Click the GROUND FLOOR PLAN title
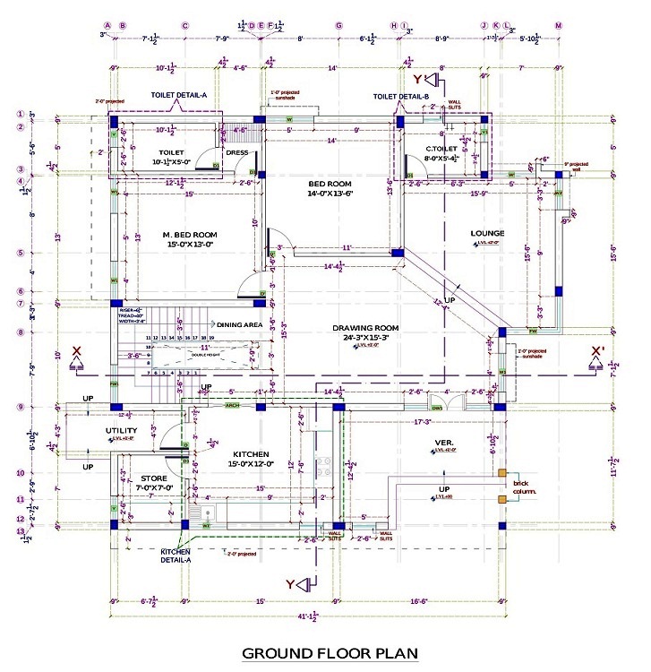pos(330,653)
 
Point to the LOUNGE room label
pos(487,234)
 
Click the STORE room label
pos(153,478)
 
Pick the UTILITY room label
pos(122,430)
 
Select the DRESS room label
pos(237,152)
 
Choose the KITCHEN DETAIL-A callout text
pos(176,556)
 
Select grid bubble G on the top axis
pos(339,26)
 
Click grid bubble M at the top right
pos(559,26)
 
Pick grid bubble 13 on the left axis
pos(19,531)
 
